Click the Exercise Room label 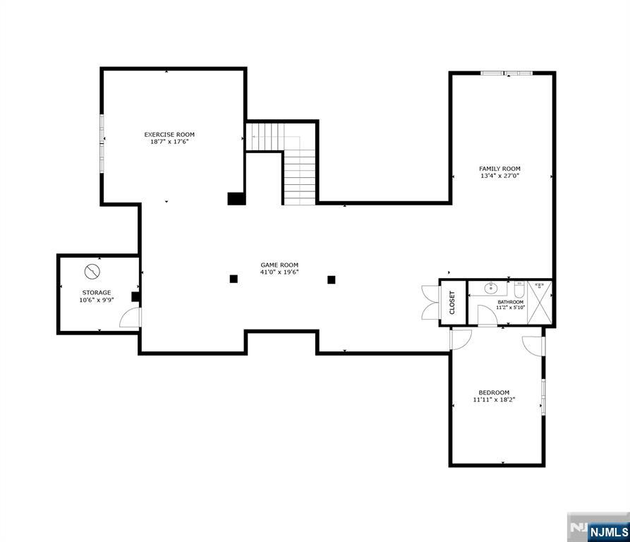pyautogui.click(x=169, y=135)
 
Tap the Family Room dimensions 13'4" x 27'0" pyautogui.click(x=499, y=176)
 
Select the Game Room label pyautogui.click(x=279, y=265)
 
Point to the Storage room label pyautogui.click(x=97, y=292)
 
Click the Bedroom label pyautogui.click(x=494, y=392)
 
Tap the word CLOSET pyautogui.click(x=452, y=303)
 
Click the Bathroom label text pyautogui.click(x=510, y=302)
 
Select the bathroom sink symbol pyautogui.click(x=490, y=288)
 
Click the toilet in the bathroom pyautogui.click(x=519, y=289)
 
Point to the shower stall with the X pyautogui.click(x=540, y=302)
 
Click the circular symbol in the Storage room pyautogui.click(x=92, y=272)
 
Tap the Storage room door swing pyautogui.click(x=131, y=318)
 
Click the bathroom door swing pyautogui.click(x=487, y=315)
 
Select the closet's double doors pyautogui.click(x=430, y=303)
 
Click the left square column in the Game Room pyautogui.click(x=234, y=279)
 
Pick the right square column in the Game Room pyautogui.click(x=331, y=279)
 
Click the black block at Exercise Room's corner pyautogui.click(x=236, y=199)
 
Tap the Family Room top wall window pyautogui.click(x=507, y=73)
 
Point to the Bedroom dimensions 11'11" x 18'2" pyautogui.click(x=494, y=399)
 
